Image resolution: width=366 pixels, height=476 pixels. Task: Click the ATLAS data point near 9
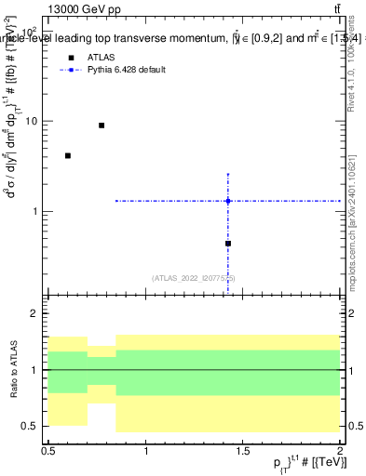(102, 126)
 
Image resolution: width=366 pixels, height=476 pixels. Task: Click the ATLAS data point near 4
(68, 155)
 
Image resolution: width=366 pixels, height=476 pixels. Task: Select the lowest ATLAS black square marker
(228, 244)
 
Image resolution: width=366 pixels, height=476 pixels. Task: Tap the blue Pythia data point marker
(228, 201)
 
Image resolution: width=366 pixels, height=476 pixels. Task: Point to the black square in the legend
(69, 58)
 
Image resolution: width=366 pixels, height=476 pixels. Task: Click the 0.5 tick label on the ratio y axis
(32, 426)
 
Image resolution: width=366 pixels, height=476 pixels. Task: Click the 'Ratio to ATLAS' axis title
(14, 370)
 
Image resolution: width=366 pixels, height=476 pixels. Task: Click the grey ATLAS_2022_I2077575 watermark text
(194, 278)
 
